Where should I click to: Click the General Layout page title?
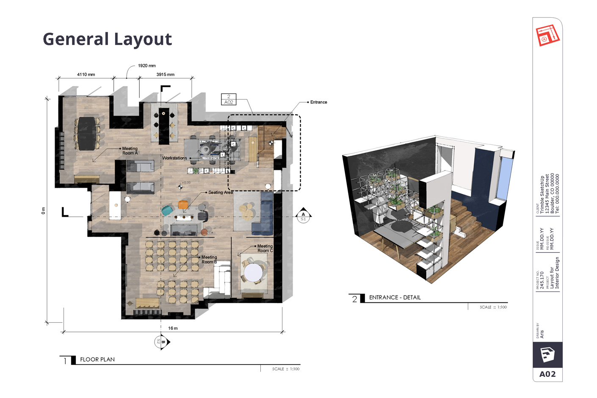(107, 39)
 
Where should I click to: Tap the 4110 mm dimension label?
(86, 75)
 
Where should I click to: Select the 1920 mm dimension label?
(146, 66)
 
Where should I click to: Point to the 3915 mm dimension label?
(165, 75)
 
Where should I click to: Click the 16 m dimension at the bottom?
(173, 328)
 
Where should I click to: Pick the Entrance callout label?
(318, 102)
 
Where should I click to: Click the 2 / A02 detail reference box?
(229, 99)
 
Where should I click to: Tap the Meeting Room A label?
(130, 151)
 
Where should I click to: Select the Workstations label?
(174, 158)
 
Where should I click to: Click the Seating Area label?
(221, 192)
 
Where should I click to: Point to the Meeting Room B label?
(209, 260)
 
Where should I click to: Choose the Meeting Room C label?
(265, 248)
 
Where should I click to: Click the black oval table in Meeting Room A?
(87, 133)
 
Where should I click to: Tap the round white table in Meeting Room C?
(253, 272)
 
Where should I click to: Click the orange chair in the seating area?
(183, 205)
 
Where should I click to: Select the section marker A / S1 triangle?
(303, 216)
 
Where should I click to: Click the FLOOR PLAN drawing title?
(97, 359)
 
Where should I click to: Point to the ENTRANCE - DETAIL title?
(395, 298)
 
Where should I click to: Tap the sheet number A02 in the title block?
(547, 374)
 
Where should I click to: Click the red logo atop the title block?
(547, 36)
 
